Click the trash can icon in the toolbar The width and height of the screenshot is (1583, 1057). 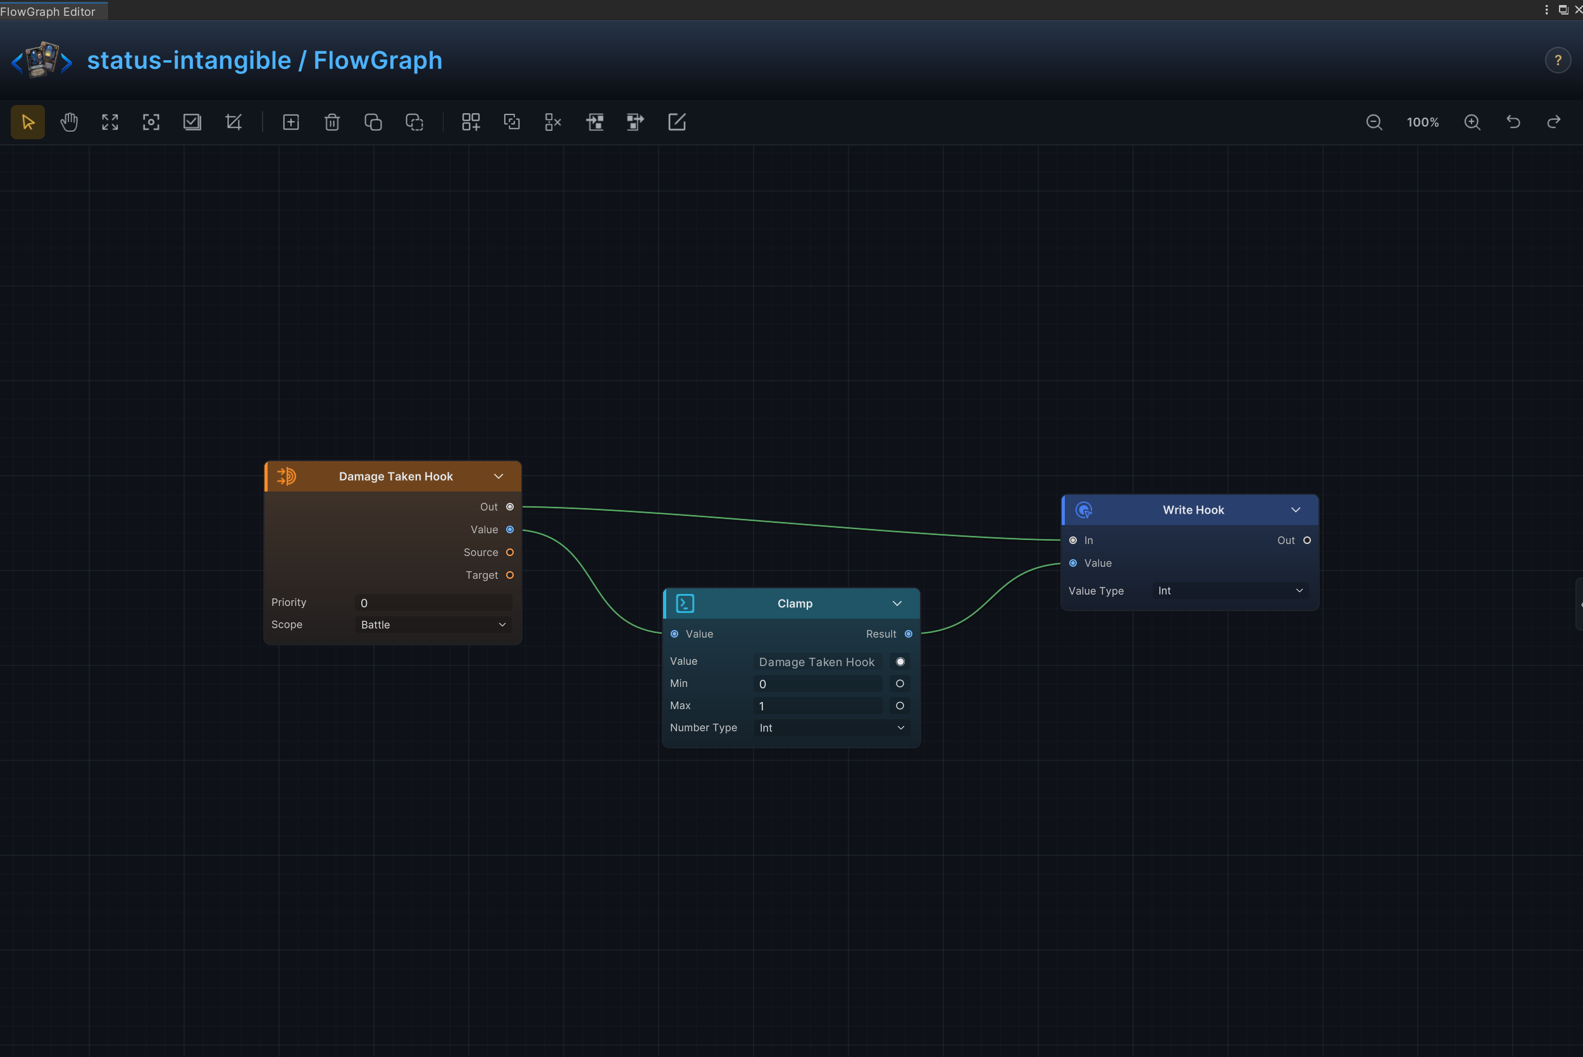pyautogui.click(x=332, y=122)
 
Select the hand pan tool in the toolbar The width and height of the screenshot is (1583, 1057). pyautogui.click(x=69, y=122)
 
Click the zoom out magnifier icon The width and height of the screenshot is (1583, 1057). pyautogui.click(x=1374, y=122)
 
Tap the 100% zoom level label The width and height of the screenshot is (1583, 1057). pyautogui.click(x=1422, y=122)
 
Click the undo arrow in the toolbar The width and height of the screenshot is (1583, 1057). pyautogui.click(x=1513, y=122)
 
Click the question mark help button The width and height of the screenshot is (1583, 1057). pyautogui.click(x=1558, y=61)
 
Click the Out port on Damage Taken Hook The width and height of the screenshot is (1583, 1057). pyautogui.click(x=510, y=507)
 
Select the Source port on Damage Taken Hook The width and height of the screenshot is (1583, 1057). pyautogui.click(x=510, y=552)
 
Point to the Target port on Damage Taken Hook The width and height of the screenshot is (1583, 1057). pyautogui.click(x=510, y=575)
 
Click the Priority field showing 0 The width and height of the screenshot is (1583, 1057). pyautogui.click(x=433, y=603)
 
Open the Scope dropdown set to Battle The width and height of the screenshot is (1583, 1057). pyautogui.click(x=433, y=625)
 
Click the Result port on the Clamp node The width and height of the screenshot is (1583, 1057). pyautogui.click(x=908, y=634)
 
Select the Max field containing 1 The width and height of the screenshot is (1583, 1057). pyautogui.click(x=817, y=706)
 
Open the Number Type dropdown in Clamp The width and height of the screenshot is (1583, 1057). pyautogui.click(x=831, y=728)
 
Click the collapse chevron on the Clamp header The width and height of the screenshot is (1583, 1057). pyautogui.click(x=897, y=603)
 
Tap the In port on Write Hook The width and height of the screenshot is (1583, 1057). pyautogui.click(x=1072, y=541)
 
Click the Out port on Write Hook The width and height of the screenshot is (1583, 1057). pyautogui.click(x=1307, y=541)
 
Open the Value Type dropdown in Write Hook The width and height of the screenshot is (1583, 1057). pyautogui.click(x=1231, y=591)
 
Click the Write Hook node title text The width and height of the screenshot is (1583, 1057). pyautogui.click(x=1193, y=510)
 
